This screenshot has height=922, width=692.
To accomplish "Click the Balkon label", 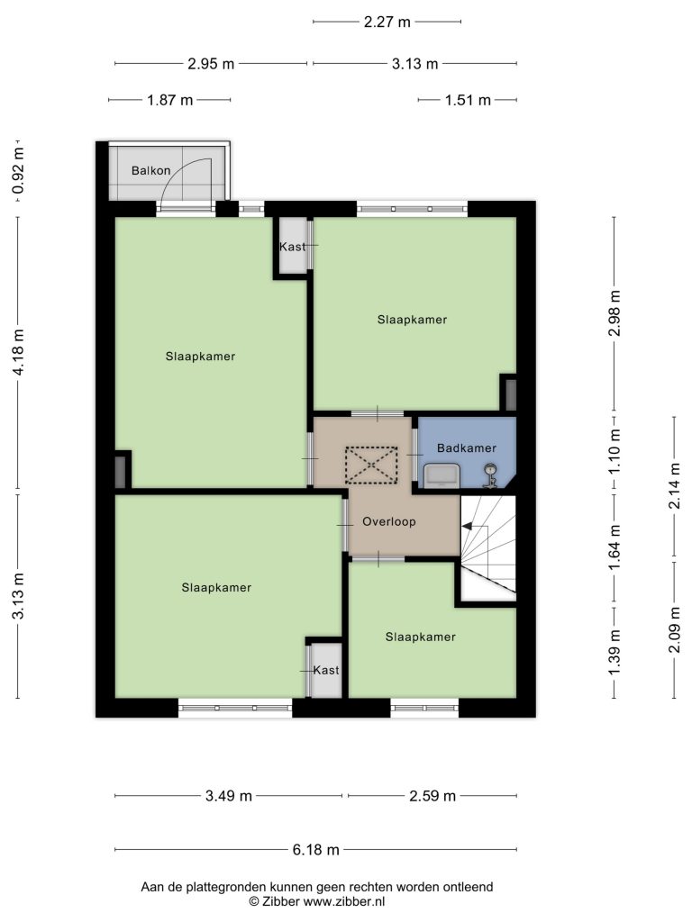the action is (151, 170).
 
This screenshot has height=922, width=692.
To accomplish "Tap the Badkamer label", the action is (467, 448).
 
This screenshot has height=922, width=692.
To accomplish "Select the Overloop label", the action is (389, 521).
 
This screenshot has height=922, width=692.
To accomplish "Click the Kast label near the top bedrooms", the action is (293, 247).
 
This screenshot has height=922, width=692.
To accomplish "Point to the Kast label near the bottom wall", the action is (326, 670).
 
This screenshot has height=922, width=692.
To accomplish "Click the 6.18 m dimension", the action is (316, 850).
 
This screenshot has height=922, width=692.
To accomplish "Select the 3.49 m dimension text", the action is (228, 796).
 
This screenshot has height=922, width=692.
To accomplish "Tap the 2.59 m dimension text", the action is (432, 796).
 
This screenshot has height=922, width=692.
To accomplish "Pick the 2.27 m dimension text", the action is (387, 22).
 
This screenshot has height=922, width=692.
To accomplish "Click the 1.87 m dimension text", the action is (170, 100).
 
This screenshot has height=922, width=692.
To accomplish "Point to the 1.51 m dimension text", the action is (468, 100).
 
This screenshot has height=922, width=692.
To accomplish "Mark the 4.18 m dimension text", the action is (19, 352).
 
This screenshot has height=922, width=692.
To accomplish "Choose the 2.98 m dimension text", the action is (615, 312).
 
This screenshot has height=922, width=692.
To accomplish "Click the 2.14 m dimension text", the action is (676, 485).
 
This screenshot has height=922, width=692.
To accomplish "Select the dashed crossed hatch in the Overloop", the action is (371, 466).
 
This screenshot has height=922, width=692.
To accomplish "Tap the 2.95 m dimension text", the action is (211, 64).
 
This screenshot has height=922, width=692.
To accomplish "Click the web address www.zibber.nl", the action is (343, 900).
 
